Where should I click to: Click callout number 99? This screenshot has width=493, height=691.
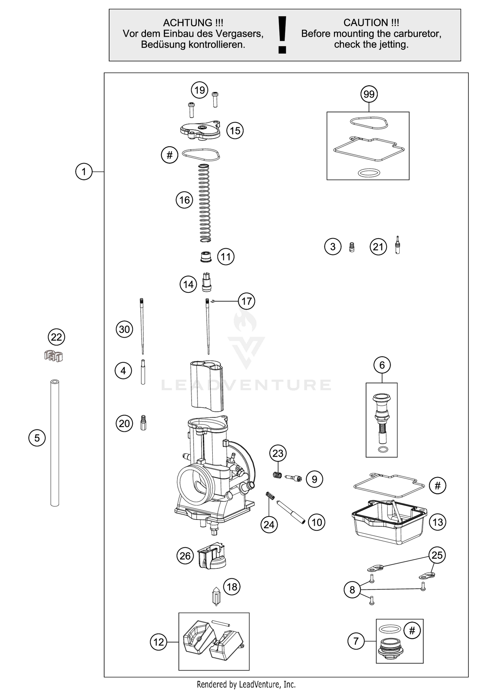369,94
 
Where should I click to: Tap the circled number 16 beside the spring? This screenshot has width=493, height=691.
184,200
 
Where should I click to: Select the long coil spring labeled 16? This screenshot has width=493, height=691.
204,204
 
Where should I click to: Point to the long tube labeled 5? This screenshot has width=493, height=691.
55,444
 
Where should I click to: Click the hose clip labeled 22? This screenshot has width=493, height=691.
54,356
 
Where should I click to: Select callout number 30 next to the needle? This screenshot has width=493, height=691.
124,329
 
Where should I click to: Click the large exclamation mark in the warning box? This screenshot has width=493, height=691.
282,35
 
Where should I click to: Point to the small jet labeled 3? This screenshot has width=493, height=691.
352,247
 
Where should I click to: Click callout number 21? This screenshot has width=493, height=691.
378,247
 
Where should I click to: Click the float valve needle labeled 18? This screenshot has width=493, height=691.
216,596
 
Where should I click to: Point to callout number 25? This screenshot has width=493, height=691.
437,555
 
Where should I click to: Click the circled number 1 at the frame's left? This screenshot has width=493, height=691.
84,172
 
